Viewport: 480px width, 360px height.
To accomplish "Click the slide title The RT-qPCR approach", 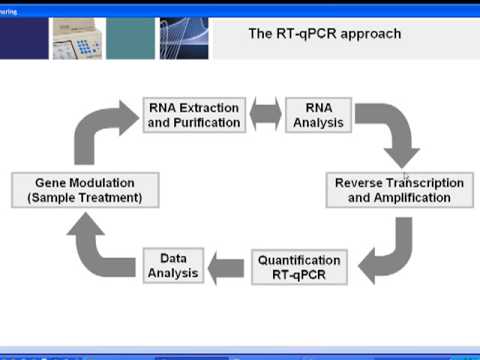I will click(x=324, y=34).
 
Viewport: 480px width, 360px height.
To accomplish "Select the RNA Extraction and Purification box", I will click(x=193, y=115).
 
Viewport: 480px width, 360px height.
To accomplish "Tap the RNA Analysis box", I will click(x=316, y=115).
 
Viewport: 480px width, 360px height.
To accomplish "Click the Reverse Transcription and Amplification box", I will click(x=399, y=190).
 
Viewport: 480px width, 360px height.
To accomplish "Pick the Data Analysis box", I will click(x=173, y=265).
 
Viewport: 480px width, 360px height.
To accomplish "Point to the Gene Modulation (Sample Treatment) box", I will click(x=84, y=190).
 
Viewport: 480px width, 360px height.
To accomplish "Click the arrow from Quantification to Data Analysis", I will click(x=227, y=266).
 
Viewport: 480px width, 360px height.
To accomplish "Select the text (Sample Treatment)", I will click(x=84, y=198).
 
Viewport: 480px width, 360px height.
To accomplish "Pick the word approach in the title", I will click(x=371, y=34).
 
